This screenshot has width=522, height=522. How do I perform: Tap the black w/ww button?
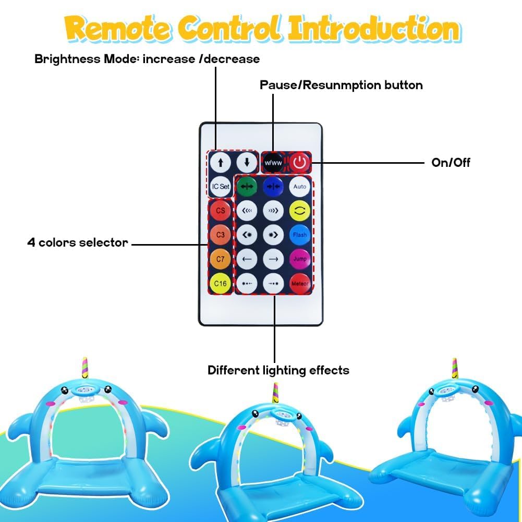[x=273, y=163]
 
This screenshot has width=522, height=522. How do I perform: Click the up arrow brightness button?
[x=221, y=163]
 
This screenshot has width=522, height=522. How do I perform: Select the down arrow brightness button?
[x=247, y=163]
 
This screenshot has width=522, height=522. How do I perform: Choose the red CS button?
[x=221, y=210]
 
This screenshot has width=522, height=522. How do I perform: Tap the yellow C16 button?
[x=221, y=284]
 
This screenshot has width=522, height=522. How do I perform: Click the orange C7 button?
[x=221, y=259]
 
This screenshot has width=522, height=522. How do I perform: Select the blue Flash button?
[x=300, y=235]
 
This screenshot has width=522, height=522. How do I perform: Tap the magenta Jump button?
[x=300, y=259]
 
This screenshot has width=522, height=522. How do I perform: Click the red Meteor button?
[x=300, y=284]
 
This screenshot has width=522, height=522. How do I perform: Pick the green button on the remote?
[x=247, y=187]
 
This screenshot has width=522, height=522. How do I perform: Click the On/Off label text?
[x=451, y=163]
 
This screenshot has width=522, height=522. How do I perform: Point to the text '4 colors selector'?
[x=78, y=242]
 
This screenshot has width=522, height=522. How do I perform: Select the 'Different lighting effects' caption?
[x=278, y=370]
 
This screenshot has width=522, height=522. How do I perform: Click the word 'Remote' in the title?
[x=118, y=28]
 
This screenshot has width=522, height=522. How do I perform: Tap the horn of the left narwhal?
[x=85, y=368]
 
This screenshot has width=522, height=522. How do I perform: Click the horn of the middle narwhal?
[x=276, y=393]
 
